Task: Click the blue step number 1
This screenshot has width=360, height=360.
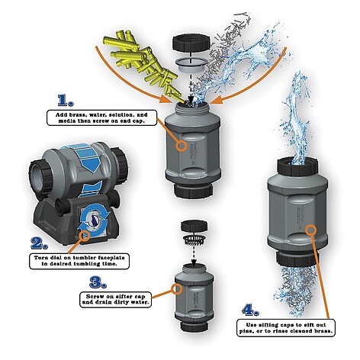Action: click(65, 100)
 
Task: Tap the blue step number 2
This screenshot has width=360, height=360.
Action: click(39, 243)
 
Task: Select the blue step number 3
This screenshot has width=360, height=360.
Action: click(98, 282)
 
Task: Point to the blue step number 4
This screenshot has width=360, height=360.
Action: click(250, 310)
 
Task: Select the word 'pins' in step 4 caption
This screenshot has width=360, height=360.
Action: click(246, 331)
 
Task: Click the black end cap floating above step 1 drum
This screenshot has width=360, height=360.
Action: click(191, 43)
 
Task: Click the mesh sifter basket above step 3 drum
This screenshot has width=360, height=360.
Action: click(194, 239)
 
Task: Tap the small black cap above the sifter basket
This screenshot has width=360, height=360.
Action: click(194, 227)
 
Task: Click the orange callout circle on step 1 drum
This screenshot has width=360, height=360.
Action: click(182, 146)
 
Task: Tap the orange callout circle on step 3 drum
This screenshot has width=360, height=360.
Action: click(177, 289)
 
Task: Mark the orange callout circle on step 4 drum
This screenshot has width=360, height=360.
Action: click(310, 230)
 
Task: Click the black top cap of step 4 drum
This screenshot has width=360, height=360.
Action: click(297, 167)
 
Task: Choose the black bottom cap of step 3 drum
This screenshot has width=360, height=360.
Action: click(194, 326)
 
